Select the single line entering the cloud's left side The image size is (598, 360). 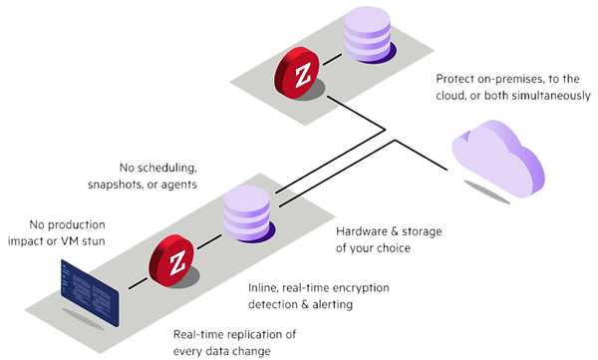tap(429, 160)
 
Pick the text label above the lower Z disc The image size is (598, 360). tap(158, 177)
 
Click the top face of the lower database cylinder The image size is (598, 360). tap(245, 193)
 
